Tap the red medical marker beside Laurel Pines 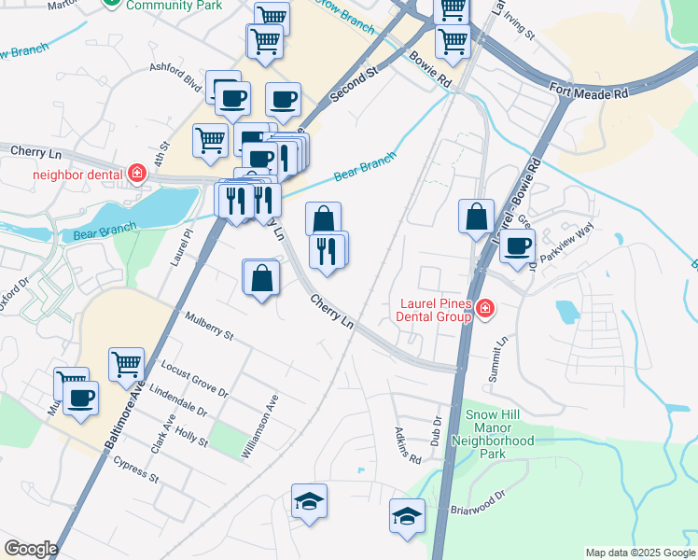(483, 309)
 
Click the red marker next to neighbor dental (137, 173)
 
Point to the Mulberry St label (208, 328)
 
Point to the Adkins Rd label (408, 446)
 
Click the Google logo (30, 549)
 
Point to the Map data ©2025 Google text (639, 553)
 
